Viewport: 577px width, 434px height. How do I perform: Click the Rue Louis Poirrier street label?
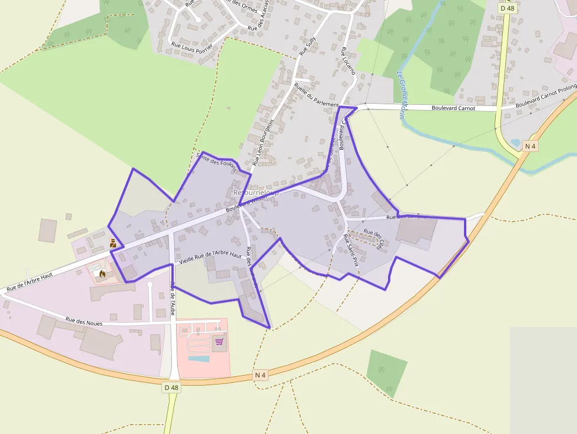point(192,45)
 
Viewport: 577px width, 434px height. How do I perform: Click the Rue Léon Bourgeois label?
point(263,142)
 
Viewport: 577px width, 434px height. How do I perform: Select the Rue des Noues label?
point(84,321)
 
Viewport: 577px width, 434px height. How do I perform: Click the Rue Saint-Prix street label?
point(351,251)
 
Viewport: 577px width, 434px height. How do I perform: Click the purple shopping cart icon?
point(219,342)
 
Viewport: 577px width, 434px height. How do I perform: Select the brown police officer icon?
point(112,243)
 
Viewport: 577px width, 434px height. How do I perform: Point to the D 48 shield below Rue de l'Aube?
point(171,387)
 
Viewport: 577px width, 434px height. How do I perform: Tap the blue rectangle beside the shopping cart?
point(198,358)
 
